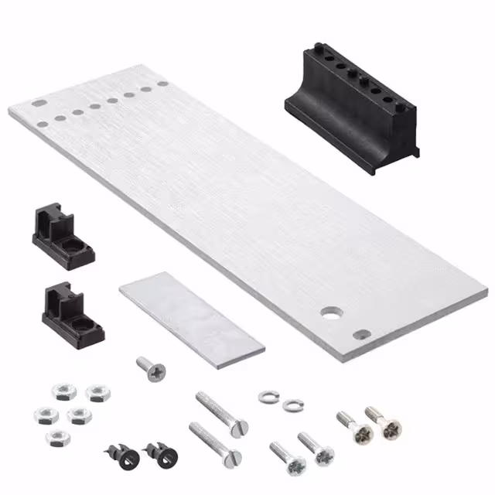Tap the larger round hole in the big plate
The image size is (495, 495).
tap(332, 313)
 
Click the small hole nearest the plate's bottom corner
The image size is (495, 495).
tap(362, 335)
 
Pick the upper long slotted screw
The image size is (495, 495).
tap(221, 415)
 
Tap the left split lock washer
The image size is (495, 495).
tap(268, 396)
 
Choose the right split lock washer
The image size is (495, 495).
tap(290, 405)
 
